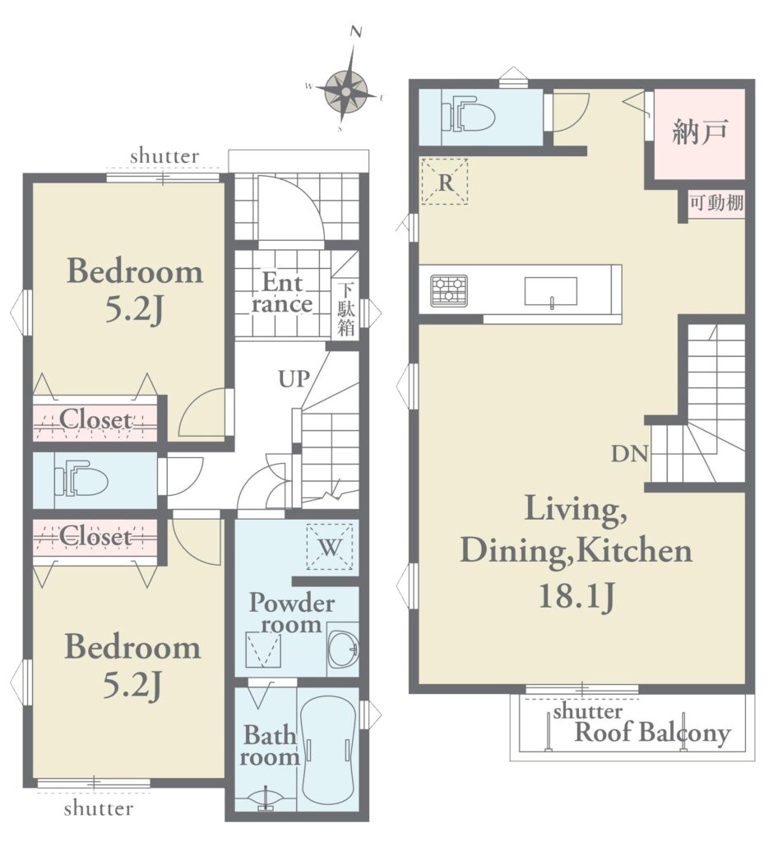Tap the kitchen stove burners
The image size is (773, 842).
pyautogui.click(x=448, y=290)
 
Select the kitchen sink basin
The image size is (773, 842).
pyautogui.click(x=551, y=292)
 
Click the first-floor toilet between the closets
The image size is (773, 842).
pyautogui.click(x=81, y=479)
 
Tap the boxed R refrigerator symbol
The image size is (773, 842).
pyautogui.click(x=444, y=182)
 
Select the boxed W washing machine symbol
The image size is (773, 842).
pyautogui.click(x=330, y=547)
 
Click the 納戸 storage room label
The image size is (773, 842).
pyautogui.click(x=700, y=132)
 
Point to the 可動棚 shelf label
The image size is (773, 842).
pyautogui.click(x=716, y=203)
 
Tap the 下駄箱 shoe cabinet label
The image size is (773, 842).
pyautogui.click(x=346, y=310)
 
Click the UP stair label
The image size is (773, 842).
pyautogui.click(x=294, y=379)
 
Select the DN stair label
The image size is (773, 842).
pyautogui.click(x=630, y=454)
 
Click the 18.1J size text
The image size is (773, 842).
pyautogui.click(x=576, y=596)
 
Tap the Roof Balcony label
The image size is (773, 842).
pyautogui.click(x=653, y=733)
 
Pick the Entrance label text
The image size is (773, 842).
pyautogui.click(x=282, y=294)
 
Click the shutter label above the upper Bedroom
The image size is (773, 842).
pyautogui.click(x=164, y=156)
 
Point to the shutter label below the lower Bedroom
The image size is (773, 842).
pyautogui.click(x=99, y=808)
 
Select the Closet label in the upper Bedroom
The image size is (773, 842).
pyautogui.click(x=95, y=420)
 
